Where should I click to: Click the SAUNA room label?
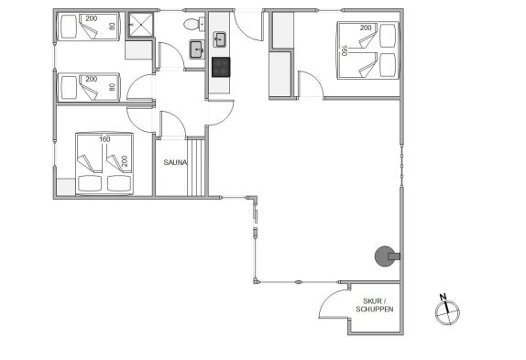pos(175,162)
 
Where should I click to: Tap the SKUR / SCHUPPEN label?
pos(375,305)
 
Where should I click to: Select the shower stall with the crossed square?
pos(140,25)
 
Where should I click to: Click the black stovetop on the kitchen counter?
pos(221,67)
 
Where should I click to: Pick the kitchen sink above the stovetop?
pos(219,39)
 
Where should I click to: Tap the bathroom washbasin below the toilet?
pos(197,49)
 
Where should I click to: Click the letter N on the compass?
pos(444,297)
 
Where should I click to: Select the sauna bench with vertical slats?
pos(195,168)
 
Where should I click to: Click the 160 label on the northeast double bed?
pos(344,50)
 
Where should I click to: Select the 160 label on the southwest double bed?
pos(104,139)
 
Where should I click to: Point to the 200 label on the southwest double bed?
pos(125,161)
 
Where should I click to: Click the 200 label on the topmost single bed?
pos(92,18)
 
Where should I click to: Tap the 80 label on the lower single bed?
pos(113,87)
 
